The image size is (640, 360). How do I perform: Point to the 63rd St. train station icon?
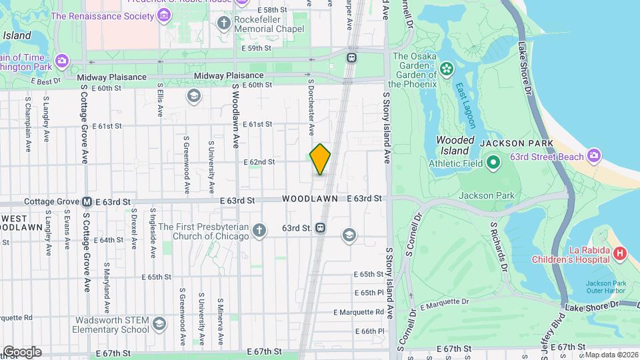[x=321, y=228]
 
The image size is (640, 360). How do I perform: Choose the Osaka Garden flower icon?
[x=446, y=67]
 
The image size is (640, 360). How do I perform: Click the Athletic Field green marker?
[x=493, y=162]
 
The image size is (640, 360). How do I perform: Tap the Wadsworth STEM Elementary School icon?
[x=159, y=324]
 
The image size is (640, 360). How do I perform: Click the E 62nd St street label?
[x=259, y=162]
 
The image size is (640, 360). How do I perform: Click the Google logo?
[x=22, y=351]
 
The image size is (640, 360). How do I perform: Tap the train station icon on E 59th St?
[x=351, y=58]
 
